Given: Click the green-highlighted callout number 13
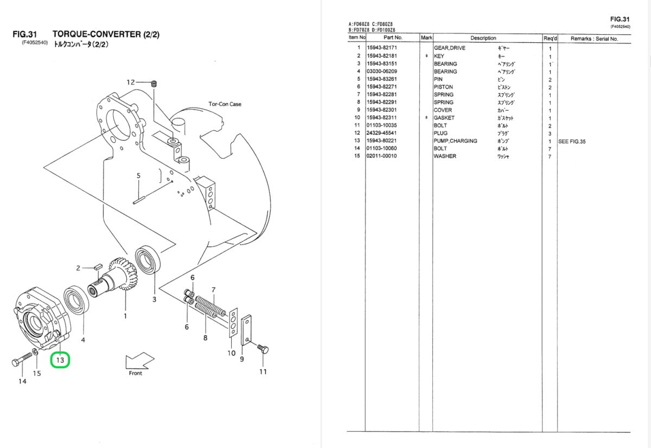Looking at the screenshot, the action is click(x=60, y=360).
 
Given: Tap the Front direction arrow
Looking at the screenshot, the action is click(x=139, y=361).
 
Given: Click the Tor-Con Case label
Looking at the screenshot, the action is click(x=225, y=104).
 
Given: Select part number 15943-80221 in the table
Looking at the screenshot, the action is click(x=381, y=141).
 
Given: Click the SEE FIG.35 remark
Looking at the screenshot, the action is click(x=572, y=142).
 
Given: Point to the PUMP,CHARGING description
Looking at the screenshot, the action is click(x=455, y=141).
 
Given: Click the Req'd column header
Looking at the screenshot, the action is click(x=550, y=39).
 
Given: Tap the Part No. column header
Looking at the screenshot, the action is click(x=393, y=37).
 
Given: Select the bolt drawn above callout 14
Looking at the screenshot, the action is click(x=22, y=359).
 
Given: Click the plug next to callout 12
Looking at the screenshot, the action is click(x=154, y=84).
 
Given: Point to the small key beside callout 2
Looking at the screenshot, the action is click(x=98, y=267).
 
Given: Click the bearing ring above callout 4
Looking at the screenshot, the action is click(x=76, y=300).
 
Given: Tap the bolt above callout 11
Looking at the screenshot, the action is click(x=263, y=348).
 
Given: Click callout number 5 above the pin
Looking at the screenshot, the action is click(x=138, y=176).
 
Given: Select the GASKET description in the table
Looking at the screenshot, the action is click(x=444, y=118).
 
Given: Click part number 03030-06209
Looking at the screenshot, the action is click(x=381, y=71).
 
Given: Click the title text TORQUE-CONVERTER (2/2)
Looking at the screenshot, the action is click(x=106, y=34).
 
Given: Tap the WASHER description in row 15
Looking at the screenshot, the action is click(x=445, y=156).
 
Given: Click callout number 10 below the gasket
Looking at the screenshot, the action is click(x=231, y=353).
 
